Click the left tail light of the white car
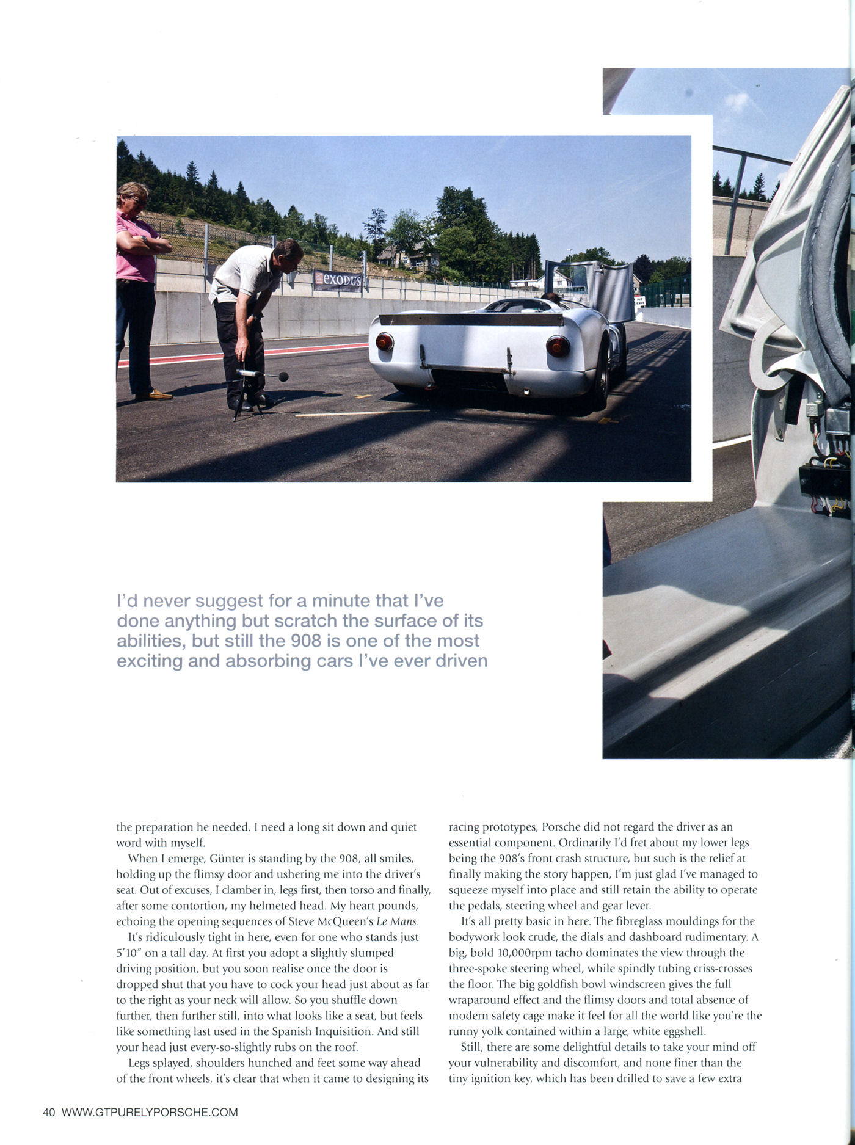click(384, 341)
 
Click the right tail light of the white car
click(558, 346)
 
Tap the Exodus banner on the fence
click(337, 280)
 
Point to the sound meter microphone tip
click(283, 377)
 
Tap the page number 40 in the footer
click(49, 1112)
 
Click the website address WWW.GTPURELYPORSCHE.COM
click(150, 1112)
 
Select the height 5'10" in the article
click(129, 953)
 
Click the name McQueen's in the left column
click(343, 921)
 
